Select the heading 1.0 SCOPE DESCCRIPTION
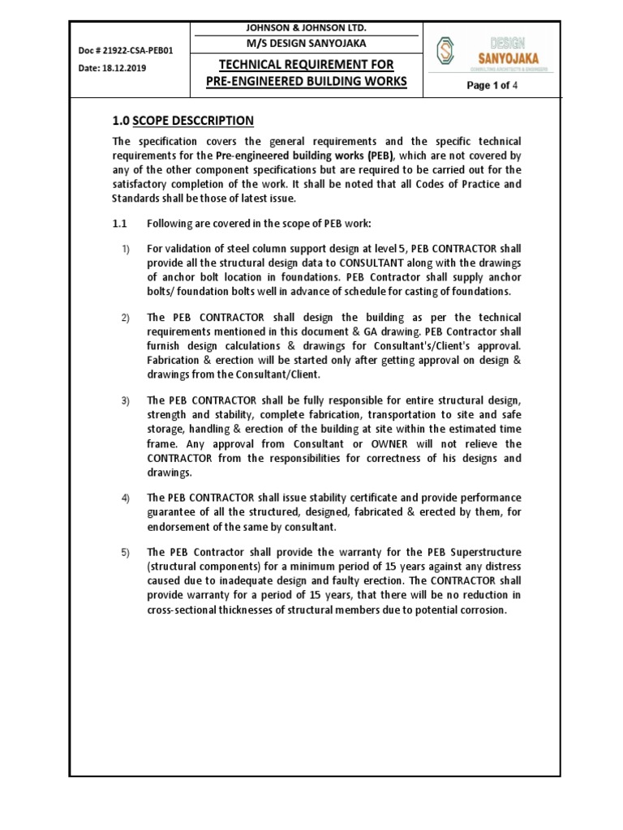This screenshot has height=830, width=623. point(183,121)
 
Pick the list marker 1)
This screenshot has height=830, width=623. point(126,248)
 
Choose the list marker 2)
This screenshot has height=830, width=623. point(126,317)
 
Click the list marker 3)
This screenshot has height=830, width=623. point(126,401)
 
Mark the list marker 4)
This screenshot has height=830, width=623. point(126,497)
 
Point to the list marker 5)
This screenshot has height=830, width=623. point(126,553)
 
